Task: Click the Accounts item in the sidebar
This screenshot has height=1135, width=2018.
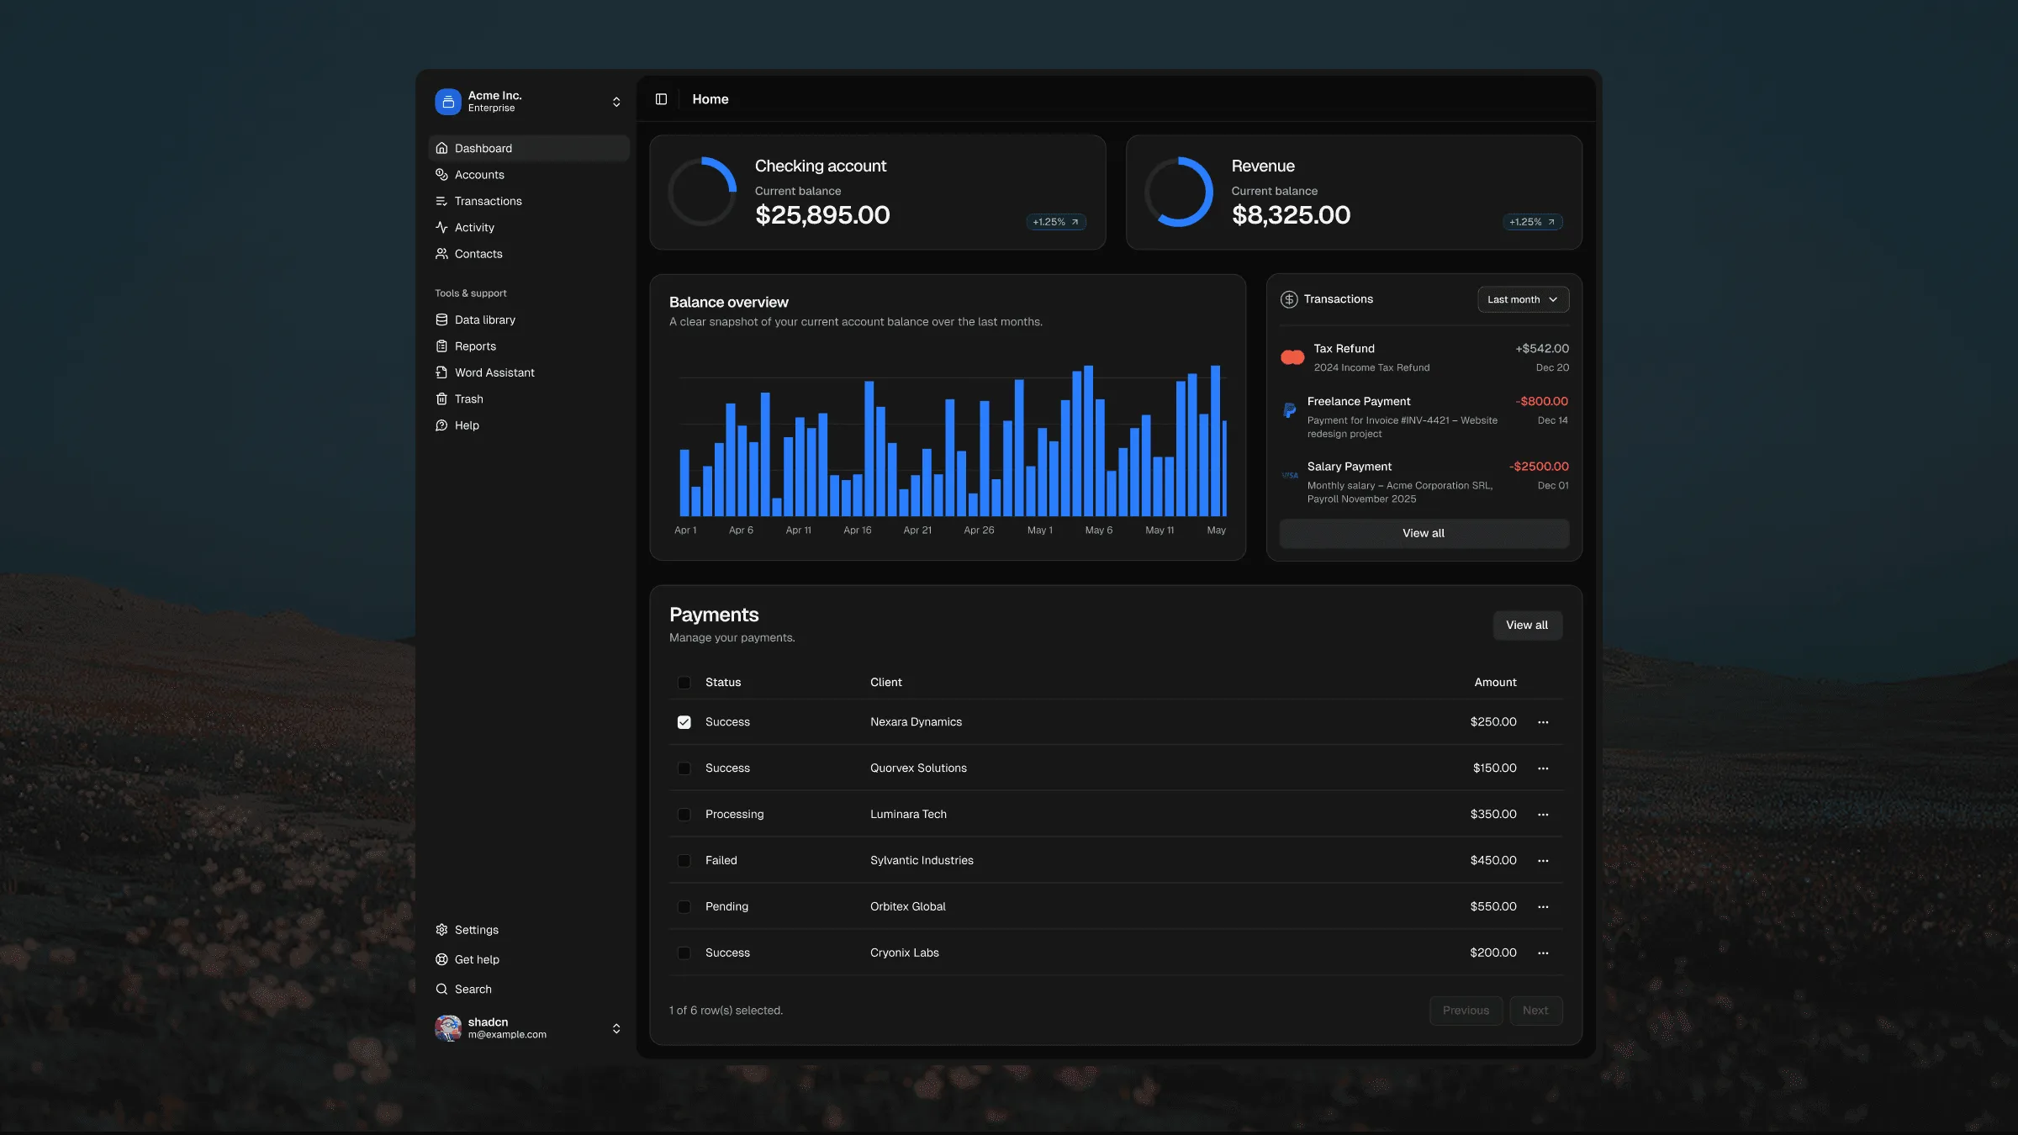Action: point(479,175)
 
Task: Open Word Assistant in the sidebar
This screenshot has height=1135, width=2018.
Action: point(494,372)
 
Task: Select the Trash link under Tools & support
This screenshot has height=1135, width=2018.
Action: point(468,399)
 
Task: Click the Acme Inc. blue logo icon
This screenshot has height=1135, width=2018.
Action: point(448,102)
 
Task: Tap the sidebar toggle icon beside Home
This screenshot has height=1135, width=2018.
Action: point(662,99)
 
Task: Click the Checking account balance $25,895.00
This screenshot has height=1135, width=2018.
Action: point(822,215)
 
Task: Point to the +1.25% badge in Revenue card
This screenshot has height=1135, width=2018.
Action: point(1532,222)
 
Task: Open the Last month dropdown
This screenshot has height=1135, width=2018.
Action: point(1523,299)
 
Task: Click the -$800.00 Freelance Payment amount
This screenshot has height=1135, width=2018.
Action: point(1541,402)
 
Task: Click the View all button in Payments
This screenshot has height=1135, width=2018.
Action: point(1527,626)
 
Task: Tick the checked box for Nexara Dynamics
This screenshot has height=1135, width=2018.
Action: point(684,722)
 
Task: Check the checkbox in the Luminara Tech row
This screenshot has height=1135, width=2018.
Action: point(684,815)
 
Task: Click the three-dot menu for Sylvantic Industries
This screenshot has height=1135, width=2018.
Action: point(1543,861)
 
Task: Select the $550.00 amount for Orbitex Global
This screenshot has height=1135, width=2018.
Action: point(1493,906)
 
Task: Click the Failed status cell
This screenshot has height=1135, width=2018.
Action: point(721,861)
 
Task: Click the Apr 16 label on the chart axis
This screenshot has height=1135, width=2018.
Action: point(858,531)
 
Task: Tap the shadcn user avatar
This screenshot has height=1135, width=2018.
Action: point(448,1028)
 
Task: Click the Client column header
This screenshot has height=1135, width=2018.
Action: point(885,683)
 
